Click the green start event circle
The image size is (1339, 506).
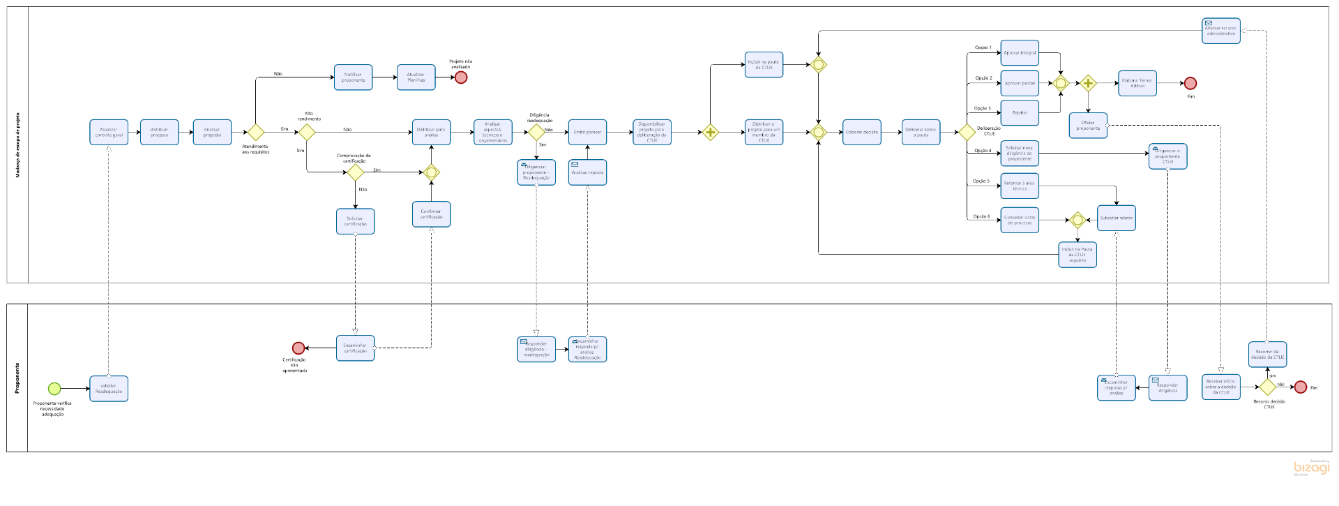pyautogui.click(x=54, y=389)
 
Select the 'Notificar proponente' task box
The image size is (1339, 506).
pyautogui.click(x=353, y=77)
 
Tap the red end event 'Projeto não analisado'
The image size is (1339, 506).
pyautogui.click(x=461, y=77)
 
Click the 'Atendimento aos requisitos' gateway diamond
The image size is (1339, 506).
pyautogui.click(x=256, y=132)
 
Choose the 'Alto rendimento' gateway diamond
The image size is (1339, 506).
pyautogui.click(x=307, y=132)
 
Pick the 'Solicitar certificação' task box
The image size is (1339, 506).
pyautogui.click(x=355, y=221)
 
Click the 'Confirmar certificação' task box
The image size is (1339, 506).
pyautogui.click(x=431, y=214)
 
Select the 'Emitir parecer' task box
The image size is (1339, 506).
pyautogui.click(x=587, y=132)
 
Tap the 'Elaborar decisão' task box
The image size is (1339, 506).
pyautogui.click(x=861, y=132)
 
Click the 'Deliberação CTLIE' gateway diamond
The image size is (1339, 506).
pyautogui.click(x=967, y=132)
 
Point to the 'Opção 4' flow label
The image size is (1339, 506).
pyautogui.click(x=982, y=151)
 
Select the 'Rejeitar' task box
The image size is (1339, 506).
pyautogui.click(x=1020, y=113)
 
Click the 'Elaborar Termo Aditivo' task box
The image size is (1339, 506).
pyautogui.click(x=1137, y=83)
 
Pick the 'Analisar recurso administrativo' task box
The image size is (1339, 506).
pyautogui.click(x=1220, y=31)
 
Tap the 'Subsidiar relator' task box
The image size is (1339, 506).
pyautogui.click(x=1116, y=218)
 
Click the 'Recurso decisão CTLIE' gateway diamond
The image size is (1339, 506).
pyautogui.click(x=1267, y=387)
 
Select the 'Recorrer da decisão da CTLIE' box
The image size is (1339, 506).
pyautogui.click(x=1267, y=355)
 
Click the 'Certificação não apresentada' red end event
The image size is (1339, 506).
pyautogui.click(x=298, y=348)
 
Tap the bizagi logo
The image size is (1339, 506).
pyautogui.click(x=1311, y=468)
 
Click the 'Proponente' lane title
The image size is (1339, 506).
pyautogui.click(x=17, y=378)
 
